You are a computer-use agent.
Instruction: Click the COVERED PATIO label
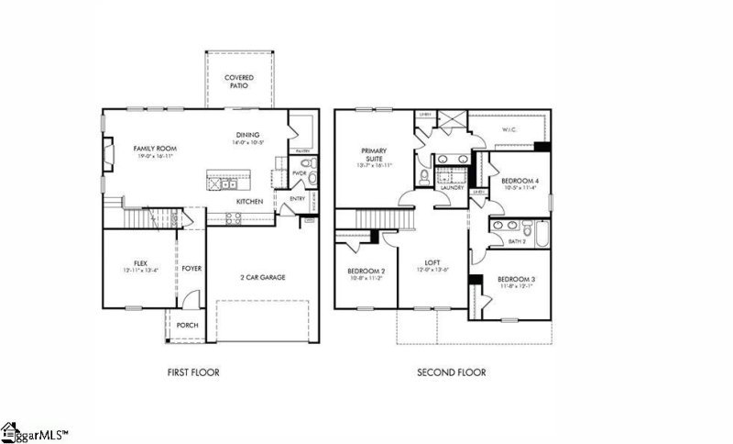(x=239, y=82)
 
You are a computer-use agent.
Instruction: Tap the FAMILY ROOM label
(x=154, y=149)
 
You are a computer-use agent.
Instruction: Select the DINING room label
(x=248, y=134)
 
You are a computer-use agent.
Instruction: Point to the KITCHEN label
(x=250, y=201)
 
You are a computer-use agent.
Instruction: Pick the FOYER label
(x=191, y=269)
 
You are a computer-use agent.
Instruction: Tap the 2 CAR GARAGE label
(x=262, y=276)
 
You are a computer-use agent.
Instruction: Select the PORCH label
(x=187, y=325)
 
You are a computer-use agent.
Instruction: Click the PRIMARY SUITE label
(x=373, y=154)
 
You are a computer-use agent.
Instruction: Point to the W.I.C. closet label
(x=509, y=130)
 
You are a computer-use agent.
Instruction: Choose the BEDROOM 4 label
(x=520, y=182)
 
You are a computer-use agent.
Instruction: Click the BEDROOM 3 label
(x=516, y=279)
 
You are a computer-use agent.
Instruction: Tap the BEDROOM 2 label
(x=366, y=272)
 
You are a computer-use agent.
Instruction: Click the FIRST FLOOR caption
(x=192, y=372)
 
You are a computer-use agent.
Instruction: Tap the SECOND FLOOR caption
(x=451, y=372)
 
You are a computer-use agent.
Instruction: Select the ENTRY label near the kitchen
(x=298, y=198)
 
